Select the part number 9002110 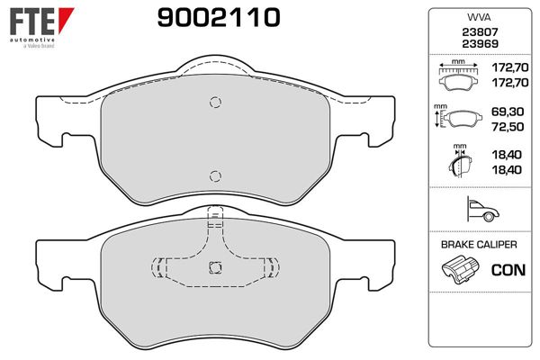218,17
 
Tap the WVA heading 476,17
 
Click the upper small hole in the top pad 214,103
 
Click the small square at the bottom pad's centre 214,266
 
